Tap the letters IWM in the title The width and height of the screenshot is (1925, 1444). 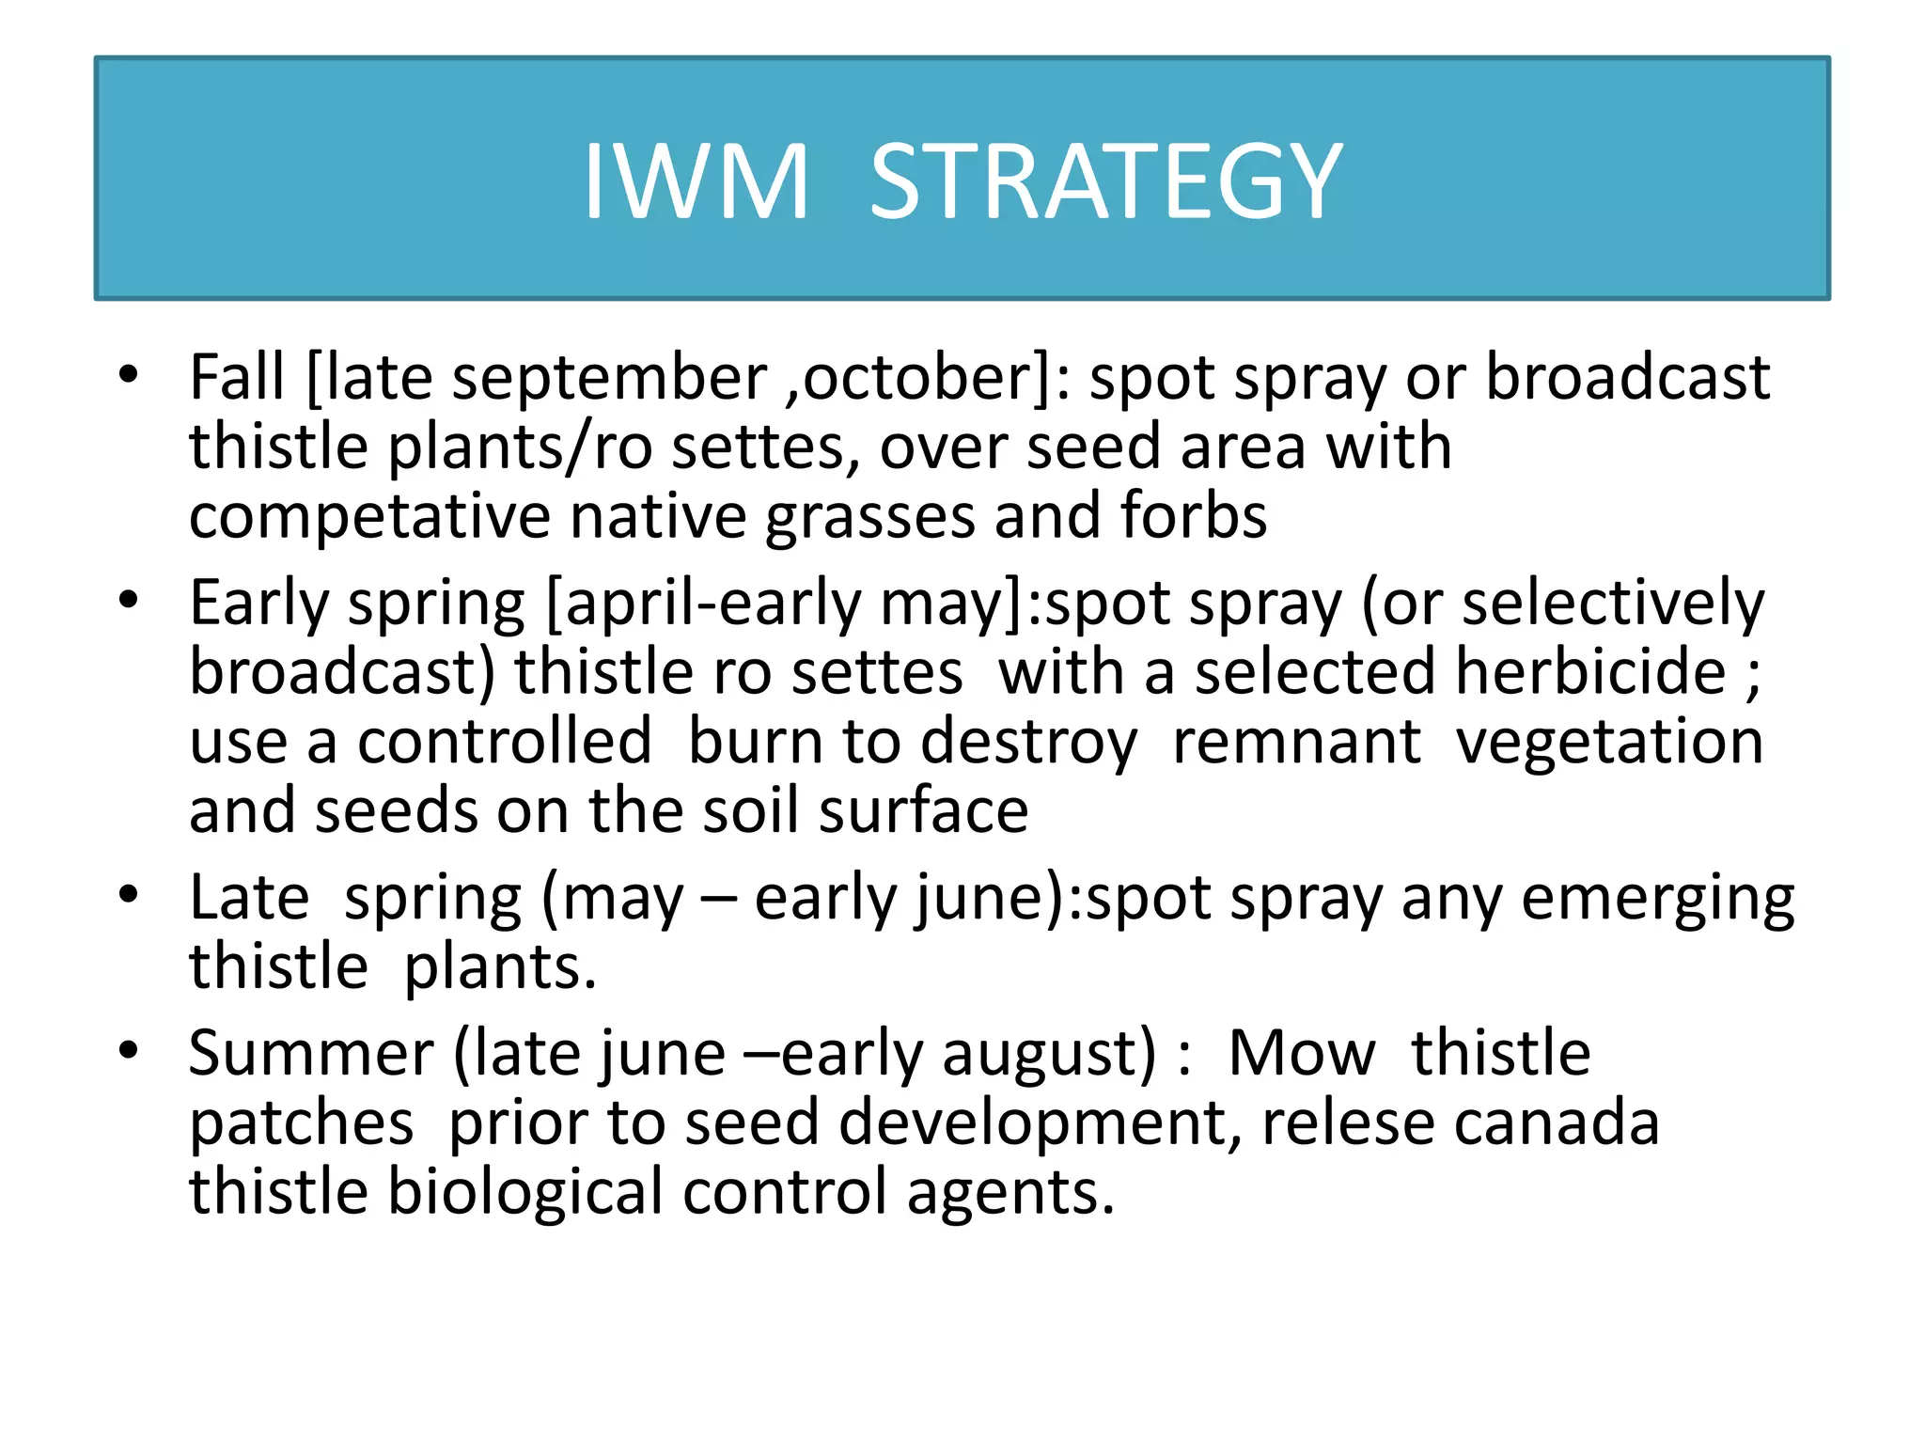click(x=696, y=181)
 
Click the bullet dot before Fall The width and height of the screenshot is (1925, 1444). click(x=129, y=376)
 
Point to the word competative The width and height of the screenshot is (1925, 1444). click(x=369, y=518)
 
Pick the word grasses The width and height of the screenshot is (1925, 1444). click(x=870, y=518)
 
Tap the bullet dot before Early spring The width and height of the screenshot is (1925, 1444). click(x=129, y=600)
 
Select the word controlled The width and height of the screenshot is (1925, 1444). click(x=504, y=742)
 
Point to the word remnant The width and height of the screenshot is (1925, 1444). click(x=1296, y=742)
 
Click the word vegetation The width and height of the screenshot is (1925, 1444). click(x=1609, y=744)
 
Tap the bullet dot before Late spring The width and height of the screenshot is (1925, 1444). click(x=129, y=895)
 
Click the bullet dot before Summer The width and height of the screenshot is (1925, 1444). click(x=129, y=1050)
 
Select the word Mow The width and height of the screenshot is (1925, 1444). click(x=1301, y=1053)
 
